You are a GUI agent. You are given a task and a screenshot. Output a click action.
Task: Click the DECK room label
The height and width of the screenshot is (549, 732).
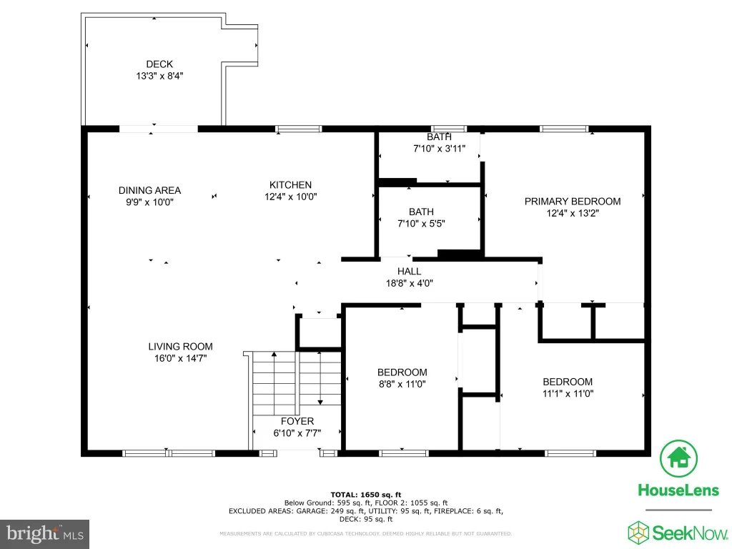[x=159, y=64]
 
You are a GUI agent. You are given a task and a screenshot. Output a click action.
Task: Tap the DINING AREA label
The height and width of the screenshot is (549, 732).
[x=149, y=190]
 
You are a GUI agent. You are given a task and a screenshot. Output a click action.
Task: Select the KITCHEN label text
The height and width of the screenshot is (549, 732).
[x=290, y=185]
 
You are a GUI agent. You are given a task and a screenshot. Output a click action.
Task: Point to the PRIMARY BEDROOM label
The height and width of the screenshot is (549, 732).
[x=573, y=201]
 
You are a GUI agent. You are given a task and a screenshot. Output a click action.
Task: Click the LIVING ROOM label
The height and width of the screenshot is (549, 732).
[x=180, y=347]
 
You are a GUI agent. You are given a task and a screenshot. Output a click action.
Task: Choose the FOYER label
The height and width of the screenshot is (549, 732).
[x=297, y=421]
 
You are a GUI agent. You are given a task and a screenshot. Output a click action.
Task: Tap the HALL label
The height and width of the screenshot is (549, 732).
[x=410, y=271]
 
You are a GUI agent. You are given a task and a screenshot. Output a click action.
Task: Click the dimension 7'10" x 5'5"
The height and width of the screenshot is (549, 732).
[x=421, y=224]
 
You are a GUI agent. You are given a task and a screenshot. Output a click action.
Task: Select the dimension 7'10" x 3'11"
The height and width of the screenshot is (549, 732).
[x=440, y=149]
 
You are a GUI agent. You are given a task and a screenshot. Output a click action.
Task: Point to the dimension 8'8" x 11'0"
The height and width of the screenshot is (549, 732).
[x=402, y=384]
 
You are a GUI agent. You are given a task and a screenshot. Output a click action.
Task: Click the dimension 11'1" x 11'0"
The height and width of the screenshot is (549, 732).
[x=568, y=394]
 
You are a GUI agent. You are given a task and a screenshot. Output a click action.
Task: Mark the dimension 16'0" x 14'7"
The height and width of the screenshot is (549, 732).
[x=181, y=358]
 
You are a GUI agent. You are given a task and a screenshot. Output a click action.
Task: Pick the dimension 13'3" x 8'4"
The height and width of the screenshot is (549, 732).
[x=159, y=76]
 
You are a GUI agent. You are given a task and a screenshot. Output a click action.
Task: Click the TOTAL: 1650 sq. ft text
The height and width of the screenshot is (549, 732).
[x=366, y=495]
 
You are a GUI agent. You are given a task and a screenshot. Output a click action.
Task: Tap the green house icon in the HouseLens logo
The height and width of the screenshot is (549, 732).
[x=679, y=458]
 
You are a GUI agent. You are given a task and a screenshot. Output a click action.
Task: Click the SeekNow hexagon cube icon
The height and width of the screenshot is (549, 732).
[x=638, y=533]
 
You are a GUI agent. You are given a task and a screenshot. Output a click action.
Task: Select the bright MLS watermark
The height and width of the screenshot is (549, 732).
[x=45, y=533]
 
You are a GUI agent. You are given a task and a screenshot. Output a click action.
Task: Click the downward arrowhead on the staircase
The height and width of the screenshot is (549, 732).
[x=320, y=402]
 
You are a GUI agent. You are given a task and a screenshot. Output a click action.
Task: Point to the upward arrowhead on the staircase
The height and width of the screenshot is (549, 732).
[x=274, y=355]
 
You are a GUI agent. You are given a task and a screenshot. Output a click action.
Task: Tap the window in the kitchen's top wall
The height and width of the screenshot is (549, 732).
[x=298, y=129]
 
